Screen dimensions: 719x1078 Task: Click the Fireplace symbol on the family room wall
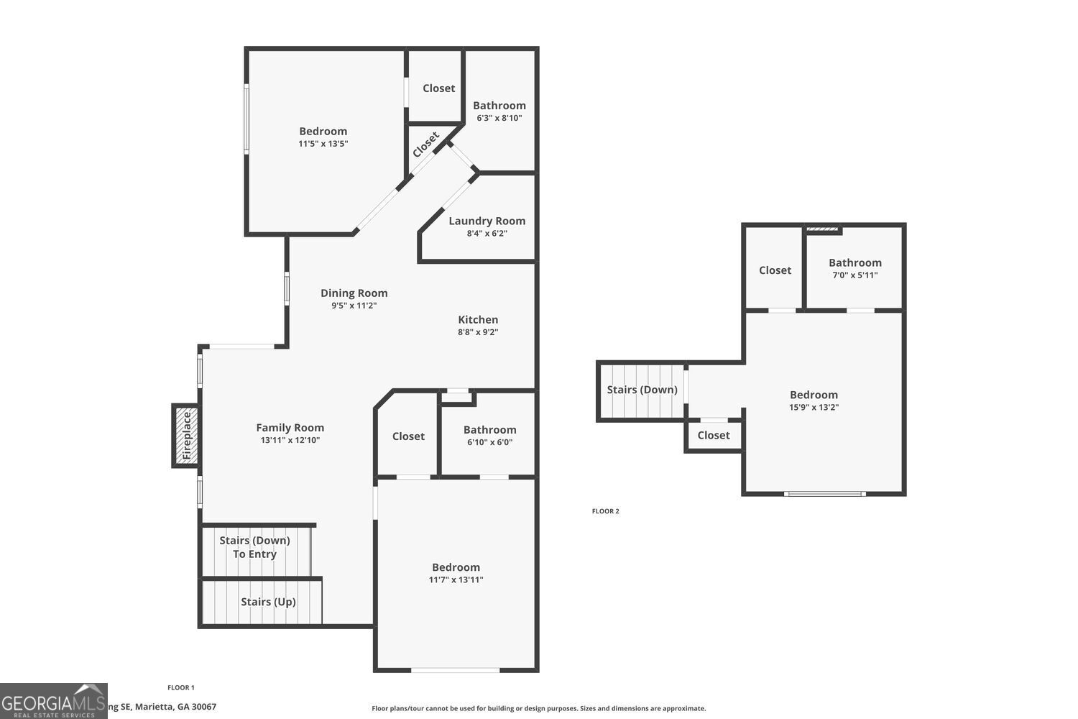coord(186,436)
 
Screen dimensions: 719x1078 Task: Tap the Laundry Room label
coord(487,221)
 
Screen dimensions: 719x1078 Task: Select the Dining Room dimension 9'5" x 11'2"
coord(354,306)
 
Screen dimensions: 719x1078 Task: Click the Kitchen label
coord(478,319)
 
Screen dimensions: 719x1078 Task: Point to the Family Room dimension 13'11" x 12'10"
coord(290,440)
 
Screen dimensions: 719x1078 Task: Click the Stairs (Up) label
coord(268,602)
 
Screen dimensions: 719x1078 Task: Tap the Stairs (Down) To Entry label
coord(254,547)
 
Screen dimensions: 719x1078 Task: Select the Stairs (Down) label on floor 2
coord(642,390)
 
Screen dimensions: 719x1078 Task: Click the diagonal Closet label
coord(425,145)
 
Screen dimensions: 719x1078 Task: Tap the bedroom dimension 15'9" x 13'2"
coord(814,407)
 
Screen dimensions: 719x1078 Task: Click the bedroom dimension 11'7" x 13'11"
coord(456,580)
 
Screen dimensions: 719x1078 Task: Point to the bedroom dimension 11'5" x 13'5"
coord(323,144)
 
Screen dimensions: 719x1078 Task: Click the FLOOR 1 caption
coord(181,687)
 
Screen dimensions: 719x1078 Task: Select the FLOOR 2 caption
coord(605,511)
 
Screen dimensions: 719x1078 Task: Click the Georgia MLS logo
coord(53,701)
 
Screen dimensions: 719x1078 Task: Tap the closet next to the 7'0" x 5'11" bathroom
coord(775,270)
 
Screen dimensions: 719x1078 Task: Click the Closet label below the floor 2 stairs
coord(713,435)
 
